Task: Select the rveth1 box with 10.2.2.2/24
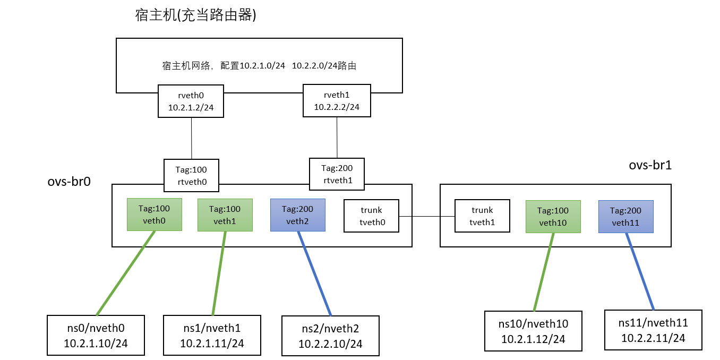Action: pos(337,100)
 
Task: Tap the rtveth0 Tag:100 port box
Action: pos(191,176)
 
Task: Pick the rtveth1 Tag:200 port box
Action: pos(337,174)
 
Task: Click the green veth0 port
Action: pos(155,215)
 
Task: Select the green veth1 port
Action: pos(225,215)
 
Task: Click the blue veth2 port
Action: pos(297,215)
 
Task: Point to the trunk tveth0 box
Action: pos(371,216)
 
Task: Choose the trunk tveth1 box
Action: pos(482,216)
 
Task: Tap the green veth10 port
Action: pos(553,217)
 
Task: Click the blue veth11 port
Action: pos(625,217)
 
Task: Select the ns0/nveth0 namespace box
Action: pos(96,335)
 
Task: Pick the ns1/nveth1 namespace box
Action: pos(212,335)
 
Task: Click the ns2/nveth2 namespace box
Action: pos(330,336)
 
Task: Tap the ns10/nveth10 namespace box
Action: pos(533,331)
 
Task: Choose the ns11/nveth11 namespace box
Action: pos(653,330)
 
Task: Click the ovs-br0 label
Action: pos(70,182)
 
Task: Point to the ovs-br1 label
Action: pos(650,165)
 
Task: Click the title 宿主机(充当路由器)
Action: pos(196,15)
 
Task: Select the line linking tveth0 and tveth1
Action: pos(427,217)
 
